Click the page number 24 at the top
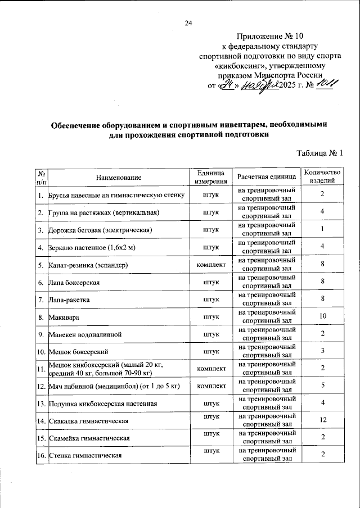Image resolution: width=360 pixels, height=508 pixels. (188, 23)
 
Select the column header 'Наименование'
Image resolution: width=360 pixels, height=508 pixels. (118, 177)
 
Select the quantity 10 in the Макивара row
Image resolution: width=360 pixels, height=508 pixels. (322, 317)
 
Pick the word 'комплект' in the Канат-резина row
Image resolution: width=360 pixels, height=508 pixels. (210, 264)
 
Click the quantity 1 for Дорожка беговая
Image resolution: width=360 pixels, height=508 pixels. (322, 229)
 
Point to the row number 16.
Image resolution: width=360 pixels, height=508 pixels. (40, 455)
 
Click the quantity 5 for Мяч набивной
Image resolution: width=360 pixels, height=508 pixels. (322, 386)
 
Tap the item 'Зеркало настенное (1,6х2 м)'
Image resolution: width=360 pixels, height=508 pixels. (93, 247)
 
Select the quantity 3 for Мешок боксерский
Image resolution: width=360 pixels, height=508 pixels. (322, 352)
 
